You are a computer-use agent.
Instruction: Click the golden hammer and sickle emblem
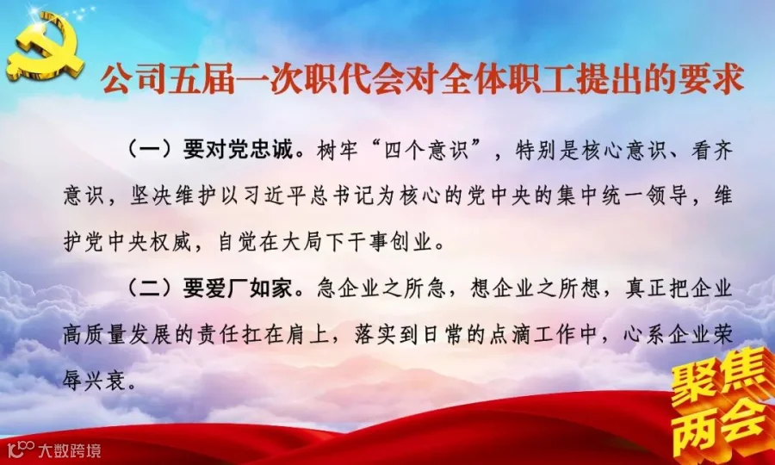(45, 47)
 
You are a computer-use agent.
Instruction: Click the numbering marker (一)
(150, 150)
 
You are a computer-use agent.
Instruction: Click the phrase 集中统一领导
(623, 196)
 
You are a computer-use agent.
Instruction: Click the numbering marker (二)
(150, 289)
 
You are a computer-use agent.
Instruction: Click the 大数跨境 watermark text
(69, 450)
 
